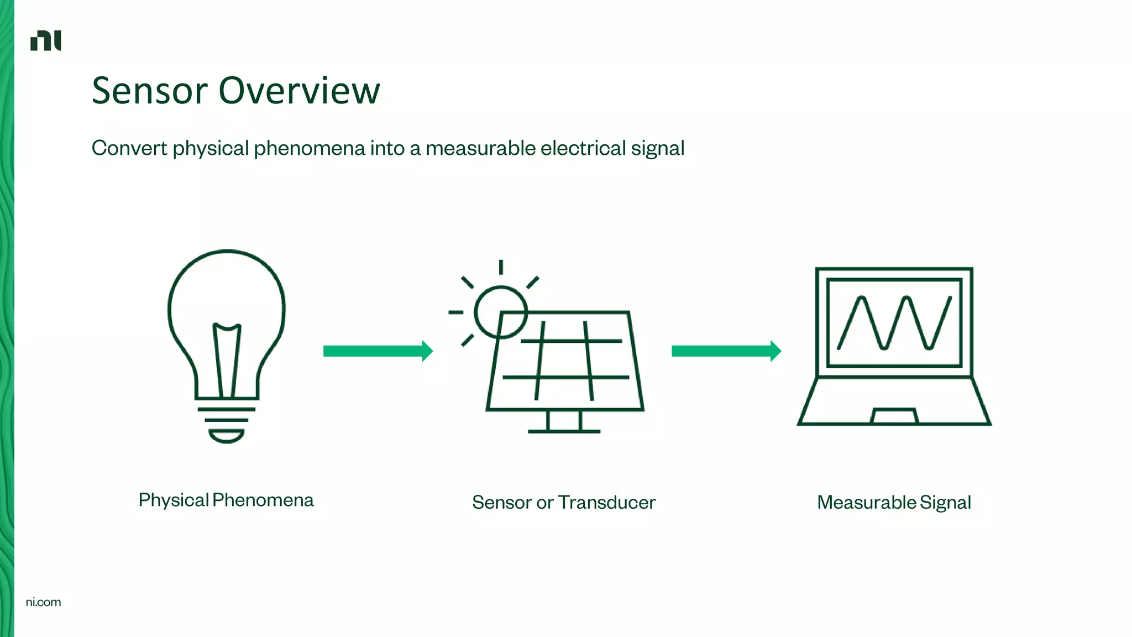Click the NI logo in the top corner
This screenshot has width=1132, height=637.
pos(46,40)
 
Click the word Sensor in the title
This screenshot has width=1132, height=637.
pos(149,91)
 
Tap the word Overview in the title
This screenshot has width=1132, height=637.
pos(299,91)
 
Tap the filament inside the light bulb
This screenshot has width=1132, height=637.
pos(227,359)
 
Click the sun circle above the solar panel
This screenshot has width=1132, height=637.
pos(500,311)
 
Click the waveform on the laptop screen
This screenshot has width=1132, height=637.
pos(894,323)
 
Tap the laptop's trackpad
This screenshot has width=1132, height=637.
pos(894,416)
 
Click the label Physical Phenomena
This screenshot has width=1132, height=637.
pos(226,500)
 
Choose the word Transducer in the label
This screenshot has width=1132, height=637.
pos(606,502)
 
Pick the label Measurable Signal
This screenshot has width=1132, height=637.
pos(894,502)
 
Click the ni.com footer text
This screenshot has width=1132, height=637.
pos(43,602)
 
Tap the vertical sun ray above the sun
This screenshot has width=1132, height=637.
pos(501,267)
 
